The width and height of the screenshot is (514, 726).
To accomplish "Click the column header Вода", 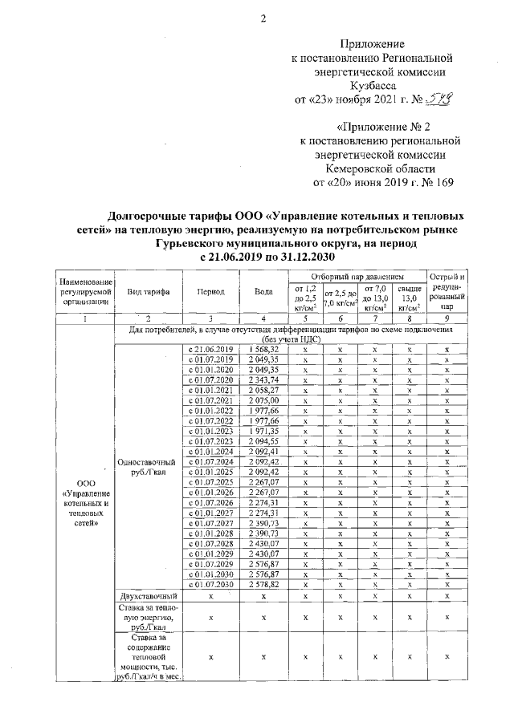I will click(263, 291).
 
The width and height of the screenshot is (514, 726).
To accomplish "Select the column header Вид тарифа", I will click(148, 291).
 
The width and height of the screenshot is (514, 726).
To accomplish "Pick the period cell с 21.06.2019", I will click(210, 350).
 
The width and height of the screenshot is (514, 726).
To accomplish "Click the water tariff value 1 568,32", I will click(263, 350).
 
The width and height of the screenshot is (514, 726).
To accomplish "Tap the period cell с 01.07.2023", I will click(210, 441).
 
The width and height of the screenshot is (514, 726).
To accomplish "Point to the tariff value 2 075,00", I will click(263, 400).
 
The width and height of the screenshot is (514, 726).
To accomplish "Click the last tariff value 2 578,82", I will click(263, 585).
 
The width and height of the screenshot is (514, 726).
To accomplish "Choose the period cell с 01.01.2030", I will click(210, 574).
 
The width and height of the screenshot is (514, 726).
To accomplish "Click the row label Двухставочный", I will click(147, 596).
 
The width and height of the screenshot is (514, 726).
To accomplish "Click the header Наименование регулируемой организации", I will click(82, 291).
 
